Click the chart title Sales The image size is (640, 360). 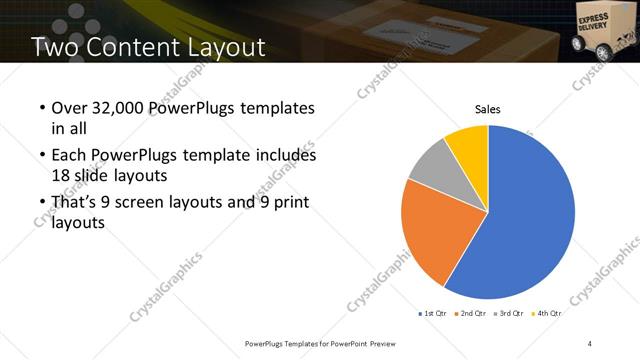(487, 109)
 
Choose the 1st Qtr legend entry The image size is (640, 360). (433, 313)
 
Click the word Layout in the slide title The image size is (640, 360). (222, 47)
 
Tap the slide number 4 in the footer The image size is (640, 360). (590, 344)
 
